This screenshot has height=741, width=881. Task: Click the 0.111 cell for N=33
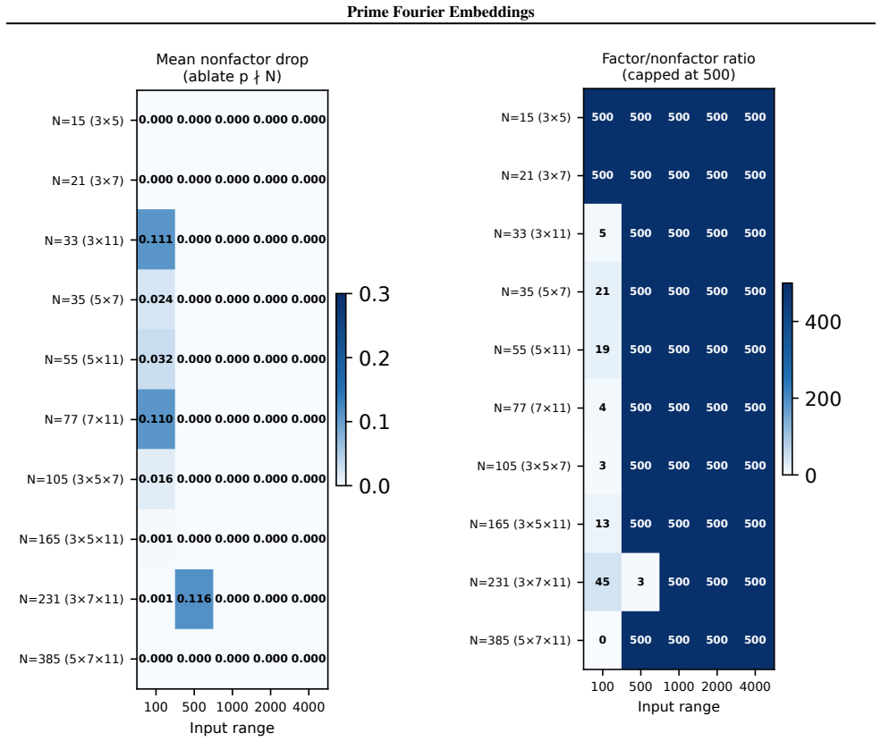[157, 240]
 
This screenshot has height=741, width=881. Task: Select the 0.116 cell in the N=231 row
[194, 599]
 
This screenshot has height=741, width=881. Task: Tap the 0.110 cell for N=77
[157, 419]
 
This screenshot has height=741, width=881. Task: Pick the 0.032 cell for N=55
[157, 359]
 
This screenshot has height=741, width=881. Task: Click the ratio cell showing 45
[602, 582]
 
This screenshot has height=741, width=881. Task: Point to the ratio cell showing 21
[602, 291]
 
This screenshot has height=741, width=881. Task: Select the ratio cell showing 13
[602, 524]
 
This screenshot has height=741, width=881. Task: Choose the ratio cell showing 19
[602, 349]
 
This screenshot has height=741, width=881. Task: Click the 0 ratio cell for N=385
[602, 640]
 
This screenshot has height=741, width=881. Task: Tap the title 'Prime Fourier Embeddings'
[440, 12]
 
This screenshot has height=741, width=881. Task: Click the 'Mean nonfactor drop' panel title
[232, 60]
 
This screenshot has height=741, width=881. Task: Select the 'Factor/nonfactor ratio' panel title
[678, 58]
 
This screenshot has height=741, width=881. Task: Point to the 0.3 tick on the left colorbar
[374, 294]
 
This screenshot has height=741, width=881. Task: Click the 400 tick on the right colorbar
[823, 322]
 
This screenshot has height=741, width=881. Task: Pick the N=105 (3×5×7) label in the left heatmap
[75, 479]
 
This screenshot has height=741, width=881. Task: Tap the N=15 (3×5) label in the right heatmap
[536, 117]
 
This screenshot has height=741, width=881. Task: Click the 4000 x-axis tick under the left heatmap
[309, 707]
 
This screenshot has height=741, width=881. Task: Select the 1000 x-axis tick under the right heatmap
[679, 686]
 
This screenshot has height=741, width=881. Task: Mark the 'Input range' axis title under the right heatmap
[678, 707]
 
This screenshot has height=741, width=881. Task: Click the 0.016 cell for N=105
[157, 479]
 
